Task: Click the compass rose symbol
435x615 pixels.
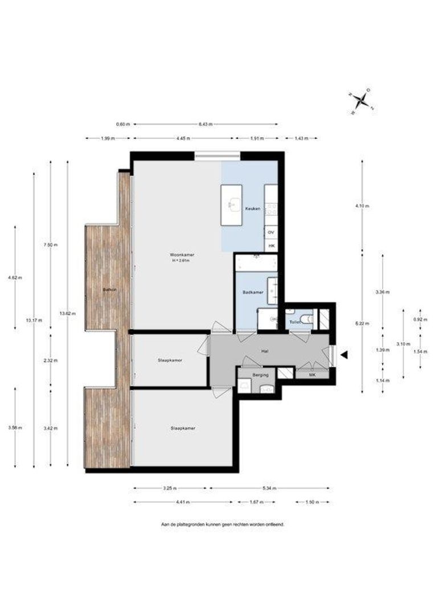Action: (x=361, y=101)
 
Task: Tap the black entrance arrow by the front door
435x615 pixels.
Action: (x=344, y=355)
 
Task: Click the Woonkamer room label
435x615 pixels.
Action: (x=179, y=254)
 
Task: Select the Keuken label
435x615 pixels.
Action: (x=253, y=209)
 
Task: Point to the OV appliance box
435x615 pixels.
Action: (x=271, y=232)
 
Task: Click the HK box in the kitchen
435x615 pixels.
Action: (x=271, y=245)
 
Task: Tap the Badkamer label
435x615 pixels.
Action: (x=252, y=292)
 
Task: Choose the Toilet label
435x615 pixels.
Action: (x=294, y=322)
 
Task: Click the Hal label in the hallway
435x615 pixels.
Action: (x=265, y=351)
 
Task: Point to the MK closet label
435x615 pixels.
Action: (x=312, y=374)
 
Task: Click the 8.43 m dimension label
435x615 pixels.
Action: (x=206, y=124)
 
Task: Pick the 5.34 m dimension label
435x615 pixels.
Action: (x=269, y=488)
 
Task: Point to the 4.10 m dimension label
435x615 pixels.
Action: (x=363, y=206)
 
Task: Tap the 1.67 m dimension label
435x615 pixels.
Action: (x=256, y=502)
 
